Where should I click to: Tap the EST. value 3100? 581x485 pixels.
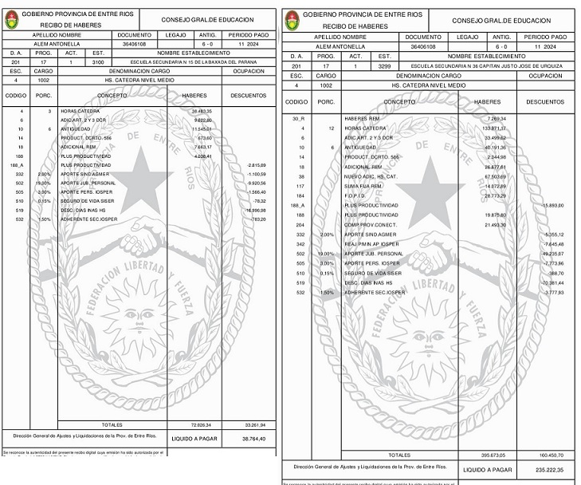click(97, 61)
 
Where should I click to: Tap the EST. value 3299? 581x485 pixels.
click(384, 65)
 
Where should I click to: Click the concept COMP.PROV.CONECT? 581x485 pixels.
click(371, 225)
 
